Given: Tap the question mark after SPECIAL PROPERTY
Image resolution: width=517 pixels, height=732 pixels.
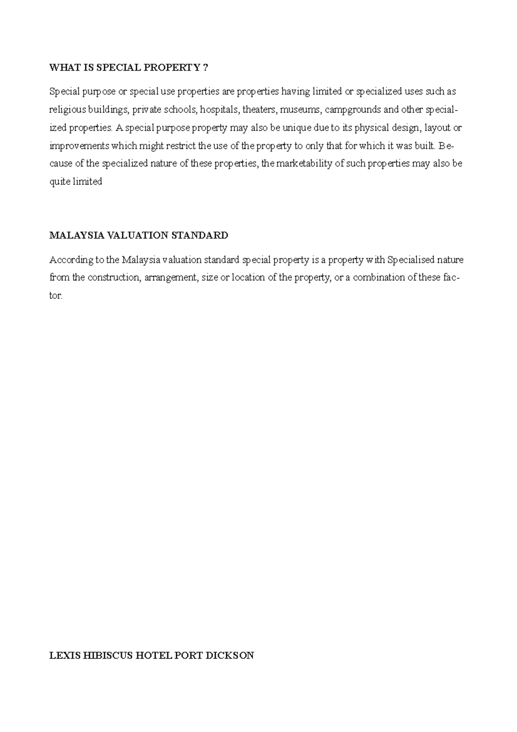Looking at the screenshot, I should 205,68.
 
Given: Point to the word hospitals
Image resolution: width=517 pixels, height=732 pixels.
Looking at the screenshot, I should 219,110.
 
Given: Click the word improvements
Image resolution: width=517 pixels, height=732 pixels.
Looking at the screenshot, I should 79,146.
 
